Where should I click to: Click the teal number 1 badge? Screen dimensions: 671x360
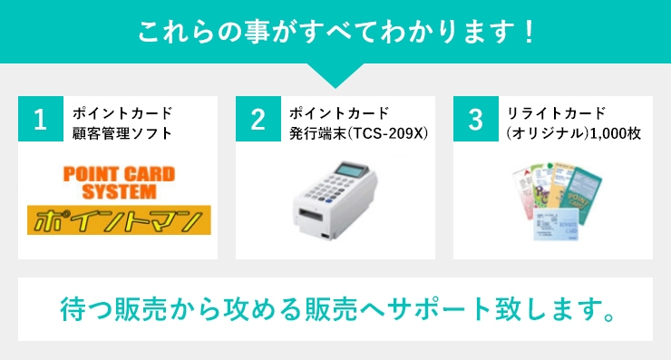click(x=40, y=119)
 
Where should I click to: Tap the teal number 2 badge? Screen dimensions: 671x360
click(x=258, y=119)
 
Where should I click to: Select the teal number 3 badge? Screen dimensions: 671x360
click(x=475, y=119)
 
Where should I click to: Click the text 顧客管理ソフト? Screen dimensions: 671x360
click(x=122, y=133)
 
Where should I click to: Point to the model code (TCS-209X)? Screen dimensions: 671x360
click(x=385, y=133)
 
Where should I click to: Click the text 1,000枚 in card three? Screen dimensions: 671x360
click(x=616, y=133)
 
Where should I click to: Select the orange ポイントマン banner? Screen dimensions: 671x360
click(x=119, y=220)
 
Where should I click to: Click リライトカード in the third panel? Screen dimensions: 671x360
click(x=556, y=113)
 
